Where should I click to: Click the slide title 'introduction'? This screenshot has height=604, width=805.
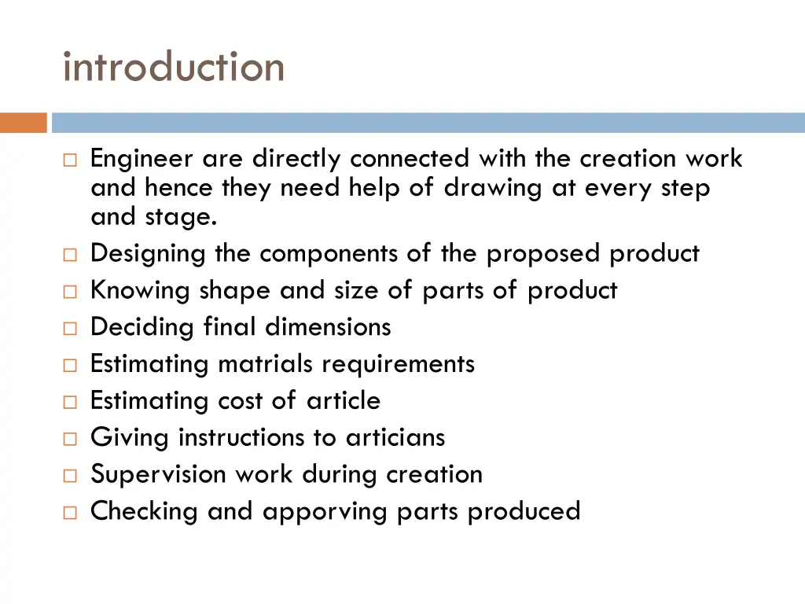pyautogui.click(x=174, y=67)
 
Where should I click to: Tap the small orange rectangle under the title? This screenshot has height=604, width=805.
pyautogui.click(x=23, y=123)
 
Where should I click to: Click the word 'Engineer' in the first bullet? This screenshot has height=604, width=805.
pyautogui.click(x=142, y=160)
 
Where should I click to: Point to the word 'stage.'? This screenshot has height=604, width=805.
pyautogui.click(x=181, y=216)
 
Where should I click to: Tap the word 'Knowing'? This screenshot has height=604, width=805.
pyautogui.click(x=141, y=291)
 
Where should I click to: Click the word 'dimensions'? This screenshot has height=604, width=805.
pyautogui.click(x=328, y=326)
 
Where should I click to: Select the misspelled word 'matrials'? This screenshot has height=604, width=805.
pyautogui.click(x=266, y=364)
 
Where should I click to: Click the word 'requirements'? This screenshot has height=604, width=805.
pyautogui.click(x=399, y=364)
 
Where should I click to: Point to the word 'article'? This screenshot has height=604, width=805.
pyautogui.click(x=344, y=400)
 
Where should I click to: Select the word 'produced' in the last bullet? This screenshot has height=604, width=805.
pyautogui.click(x=524, y=511)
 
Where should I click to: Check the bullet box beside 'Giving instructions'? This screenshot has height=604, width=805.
pyautogui.click(x=69, y=439)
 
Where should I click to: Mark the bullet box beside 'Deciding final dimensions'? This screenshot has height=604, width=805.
pyautogui.click(x=69, y=328)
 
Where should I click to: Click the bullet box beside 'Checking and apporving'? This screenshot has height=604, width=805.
pyautogui.click(x=69, y=513)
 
